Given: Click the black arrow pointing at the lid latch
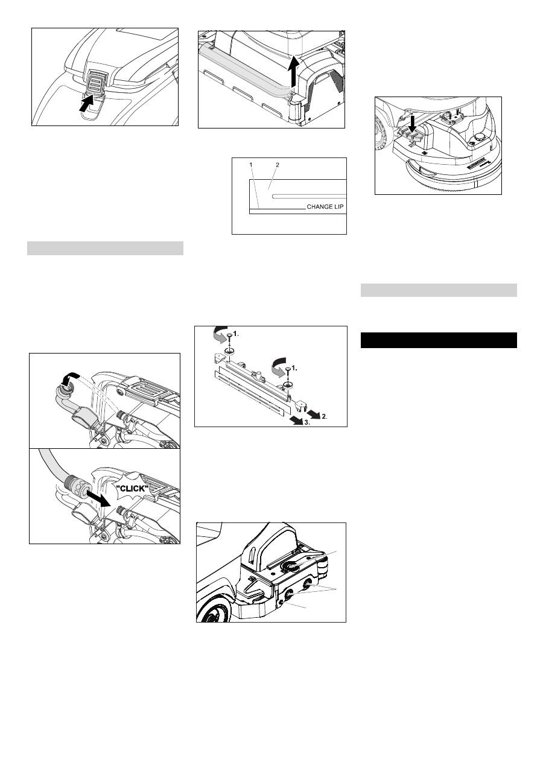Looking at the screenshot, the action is (x=86, y=103).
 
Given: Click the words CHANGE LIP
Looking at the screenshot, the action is (x=325, y=207).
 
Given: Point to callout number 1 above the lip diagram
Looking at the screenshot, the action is (x=251, y=165).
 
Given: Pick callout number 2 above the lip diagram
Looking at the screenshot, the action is (x=278, y=165).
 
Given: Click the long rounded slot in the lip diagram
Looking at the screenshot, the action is (x=309, y=197).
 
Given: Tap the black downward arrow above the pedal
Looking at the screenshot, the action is (x=413, y=124).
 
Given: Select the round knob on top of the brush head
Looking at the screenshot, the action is (x=477, y=138).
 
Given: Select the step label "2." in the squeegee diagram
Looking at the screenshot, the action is (x=325, y=417).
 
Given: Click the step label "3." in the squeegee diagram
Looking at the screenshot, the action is (x=307, y=423).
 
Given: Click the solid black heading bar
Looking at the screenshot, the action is (x=439, y=340).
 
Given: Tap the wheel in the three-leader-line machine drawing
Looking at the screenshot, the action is (x=213, y=613).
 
